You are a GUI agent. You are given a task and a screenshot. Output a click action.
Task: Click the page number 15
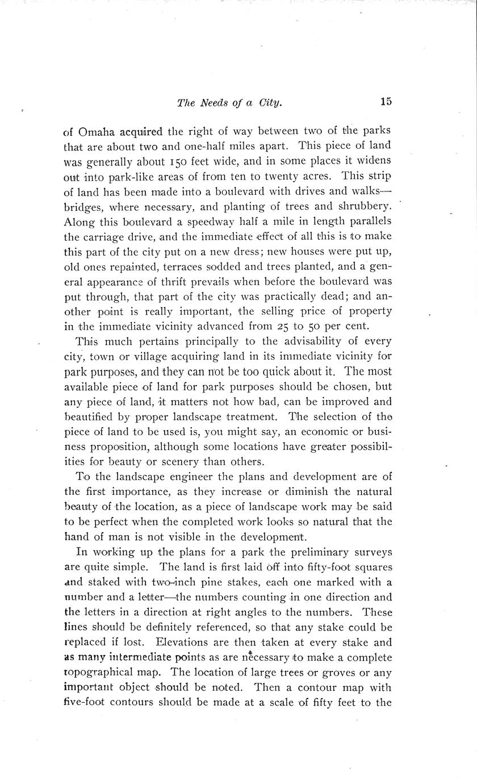tap(386, 102)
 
